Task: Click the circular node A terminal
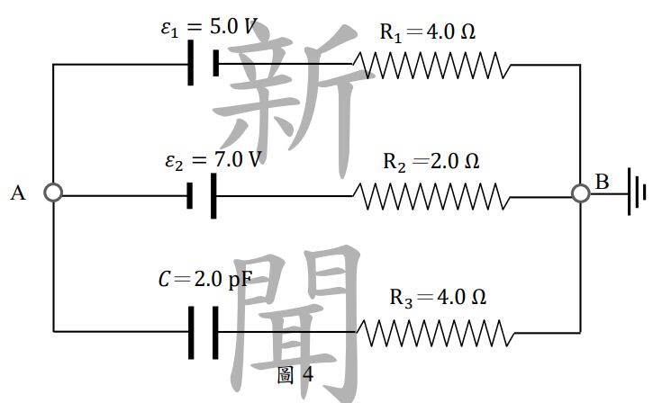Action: click(53, 193)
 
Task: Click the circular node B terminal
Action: click(581, 193)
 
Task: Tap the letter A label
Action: click(17, 193)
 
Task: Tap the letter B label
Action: click(603, 182)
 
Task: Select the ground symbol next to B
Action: click(639, 193)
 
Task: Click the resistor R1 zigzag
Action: click(431, 65)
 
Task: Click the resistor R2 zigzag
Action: click(431, 195)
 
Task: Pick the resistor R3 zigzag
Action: click(437, 332)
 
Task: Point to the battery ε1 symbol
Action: click(204, 64)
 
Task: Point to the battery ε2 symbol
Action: click(204, 195)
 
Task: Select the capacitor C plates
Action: click(204, 332)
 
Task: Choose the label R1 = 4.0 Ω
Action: click(427, 33)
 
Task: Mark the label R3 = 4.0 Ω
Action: click(438, 298)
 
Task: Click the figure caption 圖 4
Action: click(295, 375)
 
